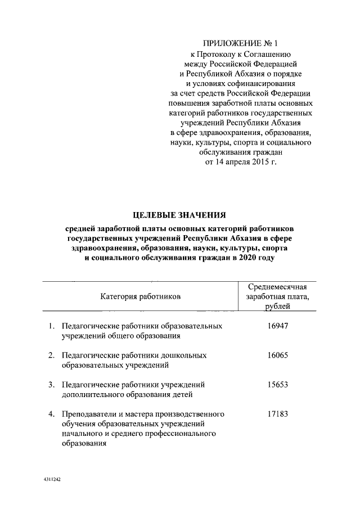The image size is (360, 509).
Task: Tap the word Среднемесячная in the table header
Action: (x=277, y=287)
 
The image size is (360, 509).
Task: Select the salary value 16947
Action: (x=277, y=326)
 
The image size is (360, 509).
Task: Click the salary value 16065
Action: (x=277, y=355)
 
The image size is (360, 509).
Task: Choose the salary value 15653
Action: (x=277, y=385)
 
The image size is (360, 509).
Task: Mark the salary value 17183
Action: (x=277, y=415)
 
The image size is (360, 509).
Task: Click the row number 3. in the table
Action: (x=51, y=385)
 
